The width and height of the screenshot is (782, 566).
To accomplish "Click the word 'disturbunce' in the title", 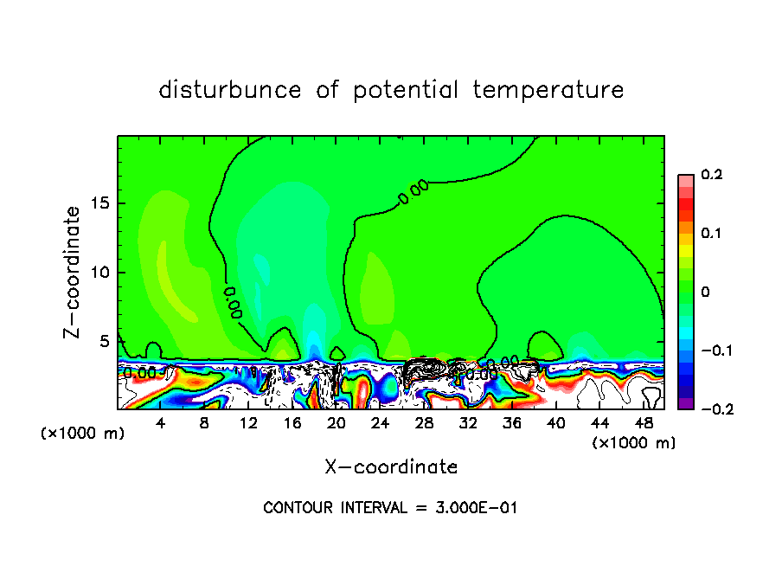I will click(230, 90).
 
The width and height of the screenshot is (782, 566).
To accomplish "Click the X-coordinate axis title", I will click(391, 467).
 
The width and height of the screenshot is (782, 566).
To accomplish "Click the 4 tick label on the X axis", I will click(161, 423).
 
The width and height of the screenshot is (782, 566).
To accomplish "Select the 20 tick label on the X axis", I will click(337, 423).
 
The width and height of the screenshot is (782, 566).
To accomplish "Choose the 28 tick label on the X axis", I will click(424, 423).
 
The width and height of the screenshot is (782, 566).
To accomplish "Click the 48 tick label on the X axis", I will click(643, 423).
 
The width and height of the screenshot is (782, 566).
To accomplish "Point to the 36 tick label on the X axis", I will click(511, 423).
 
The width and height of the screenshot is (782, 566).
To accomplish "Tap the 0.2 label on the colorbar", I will click(711, 175).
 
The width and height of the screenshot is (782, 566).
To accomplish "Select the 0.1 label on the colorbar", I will click(711, 234).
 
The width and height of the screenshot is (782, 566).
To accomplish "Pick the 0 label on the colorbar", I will click(705, 293).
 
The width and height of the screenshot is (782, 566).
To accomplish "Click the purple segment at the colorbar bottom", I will click(686, 403).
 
